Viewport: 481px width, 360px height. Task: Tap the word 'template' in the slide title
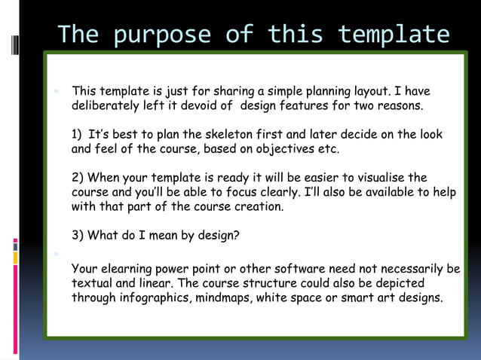394,35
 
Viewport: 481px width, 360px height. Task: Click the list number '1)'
78,135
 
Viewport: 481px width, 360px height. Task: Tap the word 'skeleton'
228,135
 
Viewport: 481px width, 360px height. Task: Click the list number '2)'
78,178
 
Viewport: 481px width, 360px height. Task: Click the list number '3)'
78,235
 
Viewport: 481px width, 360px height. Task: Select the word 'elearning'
129,269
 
